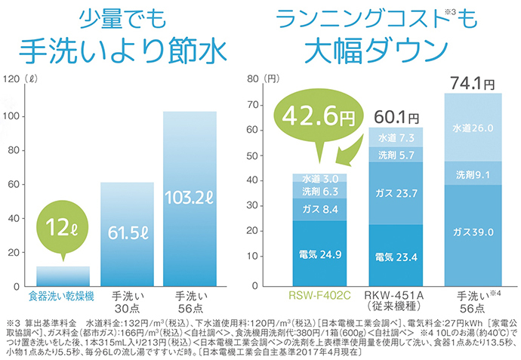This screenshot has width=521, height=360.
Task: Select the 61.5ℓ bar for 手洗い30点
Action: pos(127,234)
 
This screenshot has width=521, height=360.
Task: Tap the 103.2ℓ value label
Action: pos(190,198)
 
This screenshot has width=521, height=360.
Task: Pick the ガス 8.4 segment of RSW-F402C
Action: pos(319,209)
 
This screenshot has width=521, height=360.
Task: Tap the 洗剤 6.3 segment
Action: pos(319,192)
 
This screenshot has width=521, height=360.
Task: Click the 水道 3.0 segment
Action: pos(319,179)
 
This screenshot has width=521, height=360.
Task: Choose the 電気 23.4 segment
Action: pos(396,257)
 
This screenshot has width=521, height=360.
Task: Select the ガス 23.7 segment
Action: pos(396,193)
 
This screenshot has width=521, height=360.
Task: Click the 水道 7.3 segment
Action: pos(396,137)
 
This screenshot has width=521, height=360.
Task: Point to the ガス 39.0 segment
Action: pos(473,232)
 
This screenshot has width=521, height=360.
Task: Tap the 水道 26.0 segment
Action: pos(473,128)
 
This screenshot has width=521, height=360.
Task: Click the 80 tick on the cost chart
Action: pos(253,78)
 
